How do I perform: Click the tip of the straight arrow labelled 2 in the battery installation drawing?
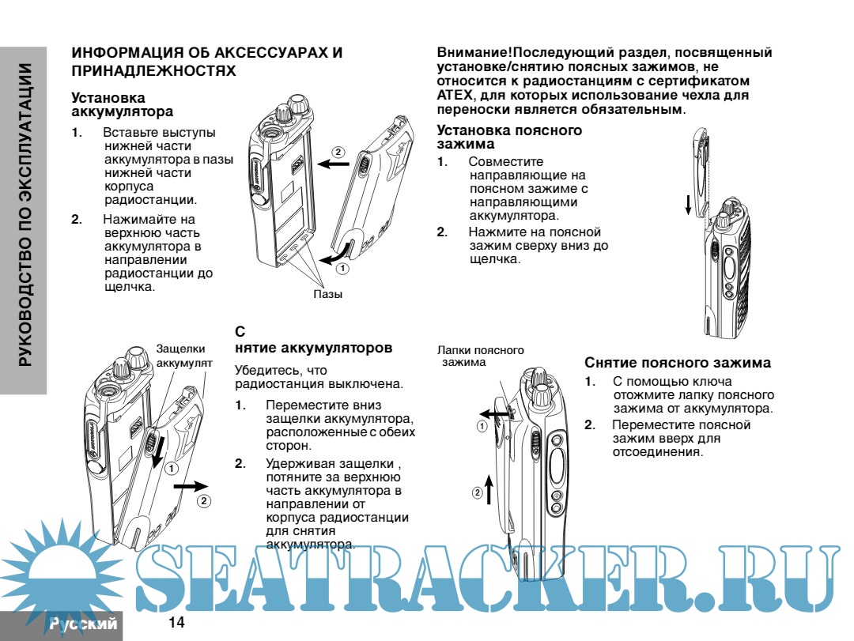318,164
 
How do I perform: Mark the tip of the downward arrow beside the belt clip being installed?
689,214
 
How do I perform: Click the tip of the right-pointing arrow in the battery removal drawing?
208,486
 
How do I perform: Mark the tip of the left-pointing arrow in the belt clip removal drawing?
479,414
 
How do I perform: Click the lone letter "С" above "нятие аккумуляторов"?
240,332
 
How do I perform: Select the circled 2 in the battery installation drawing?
338,152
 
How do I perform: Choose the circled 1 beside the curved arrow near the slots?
342,269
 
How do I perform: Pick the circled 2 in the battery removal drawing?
204,501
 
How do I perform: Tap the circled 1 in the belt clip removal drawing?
482,427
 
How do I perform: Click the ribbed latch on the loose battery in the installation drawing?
363,164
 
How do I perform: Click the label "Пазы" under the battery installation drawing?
328,295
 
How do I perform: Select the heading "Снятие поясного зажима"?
678,363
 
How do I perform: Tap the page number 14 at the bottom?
176,623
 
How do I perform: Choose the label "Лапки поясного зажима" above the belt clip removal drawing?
480,356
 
